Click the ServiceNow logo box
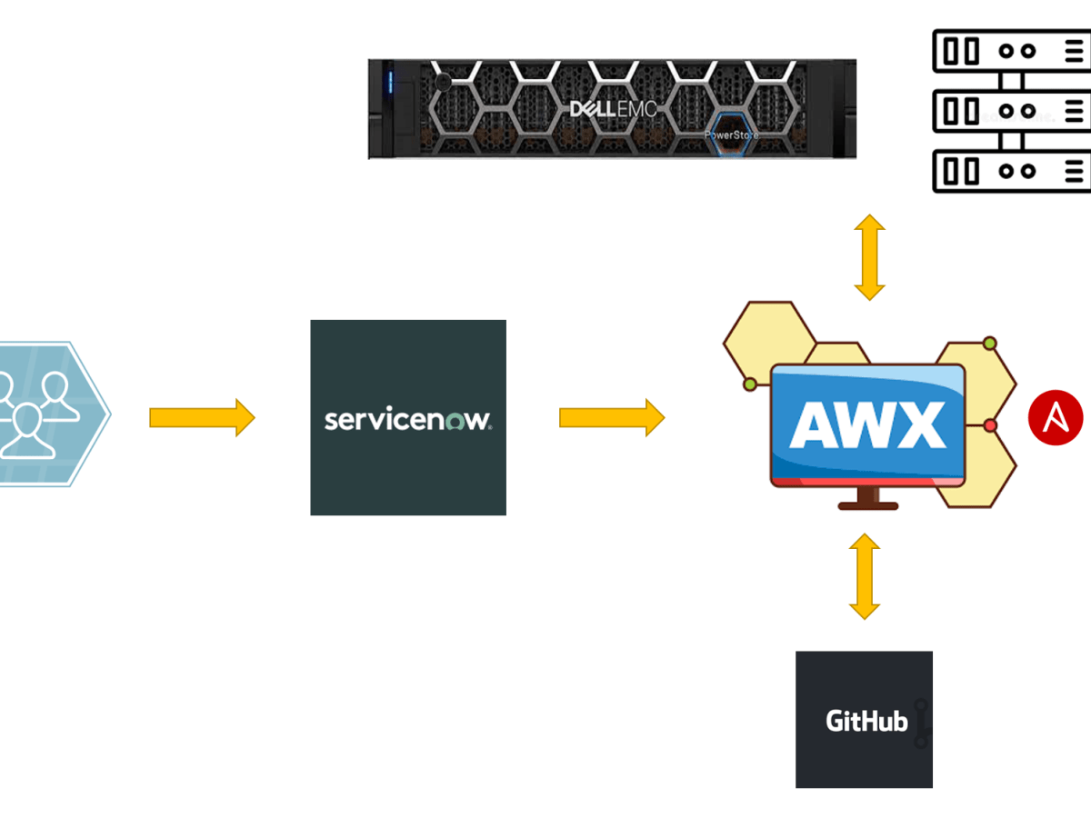tap(408, 417)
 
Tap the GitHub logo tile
tap(864, 719)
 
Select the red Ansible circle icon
tap(1056, 418)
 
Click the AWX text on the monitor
tap(867, 423)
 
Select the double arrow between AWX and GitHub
tap(864, 577)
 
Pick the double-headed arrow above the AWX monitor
tap(869, 257)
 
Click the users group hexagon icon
tap(45, 414)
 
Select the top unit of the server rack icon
tap(1012, 51)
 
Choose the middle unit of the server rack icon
tap(1012, 112)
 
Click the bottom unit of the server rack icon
tap(1012, 171)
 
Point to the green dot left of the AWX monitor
tap(750, 384)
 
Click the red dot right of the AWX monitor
tap(991, 425)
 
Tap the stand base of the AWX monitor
tap(867, 504)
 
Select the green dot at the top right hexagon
tap(990, 344)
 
